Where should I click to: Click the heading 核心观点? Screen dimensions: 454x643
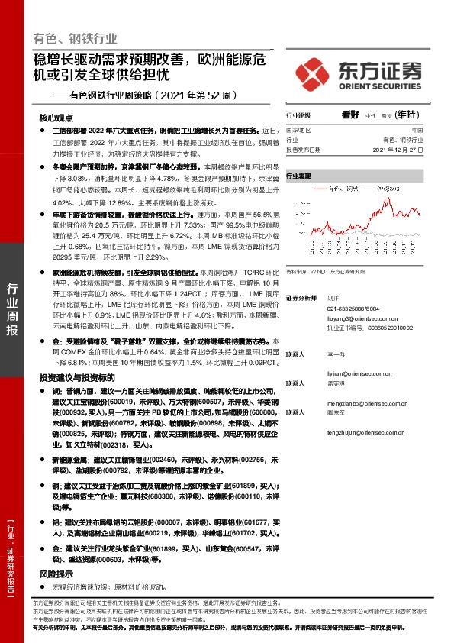(56, 119)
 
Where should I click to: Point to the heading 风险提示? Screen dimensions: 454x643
(56, 572)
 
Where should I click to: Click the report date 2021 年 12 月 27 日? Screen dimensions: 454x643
(403, 150)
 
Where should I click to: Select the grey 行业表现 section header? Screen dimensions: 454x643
(299, 176)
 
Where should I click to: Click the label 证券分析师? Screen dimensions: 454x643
(301, 297)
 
